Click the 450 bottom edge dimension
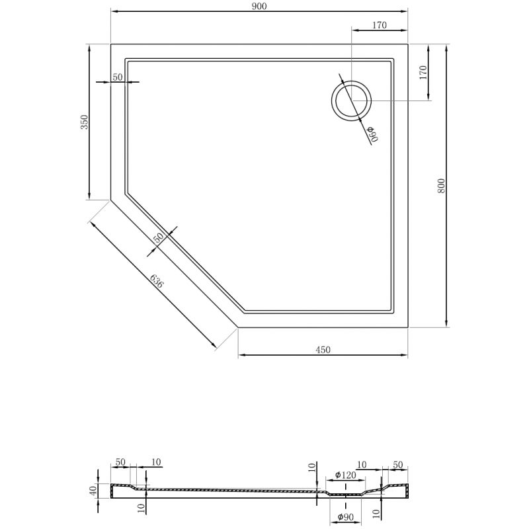[322, 349]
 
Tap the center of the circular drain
[351, 101]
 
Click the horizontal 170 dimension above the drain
[379, 25]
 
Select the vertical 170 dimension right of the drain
[423, 72]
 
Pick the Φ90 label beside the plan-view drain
[371, 134]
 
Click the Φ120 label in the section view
[346, 475]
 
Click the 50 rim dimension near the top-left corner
[118, 77]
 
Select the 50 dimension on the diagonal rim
[159, 239]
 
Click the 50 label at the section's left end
[120, 462]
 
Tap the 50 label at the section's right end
[398, 465]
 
